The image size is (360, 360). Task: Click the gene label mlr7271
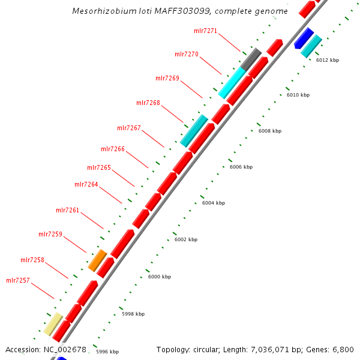(x=205, y=30)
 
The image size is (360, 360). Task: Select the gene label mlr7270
(x=186, y=54)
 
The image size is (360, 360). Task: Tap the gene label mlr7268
(x=148, y=103)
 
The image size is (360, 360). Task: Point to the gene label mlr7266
(x=112, y=149)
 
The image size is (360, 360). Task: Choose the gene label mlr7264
(x=86, y=184)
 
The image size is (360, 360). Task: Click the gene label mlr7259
(x=50, y=234)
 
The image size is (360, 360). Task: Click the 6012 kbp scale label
(x=328, y=60)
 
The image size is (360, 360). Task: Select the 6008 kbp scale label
(x=269, y=131)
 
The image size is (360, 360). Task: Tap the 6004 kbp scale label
(x=213, y=203)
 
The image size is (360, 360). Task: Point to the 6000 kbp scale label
(x=159, y=277)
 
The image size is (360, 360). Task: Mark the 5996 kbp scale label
(x=107, y=352)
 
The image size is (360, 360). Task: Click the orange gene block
(x=97, y=260)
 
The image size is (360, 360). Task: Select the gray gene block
(x=251, y=59)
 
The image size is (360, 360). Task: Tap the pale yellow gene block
(x=53, y=323)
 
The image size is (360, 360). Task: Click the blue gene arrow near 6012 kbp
(x=304, y=38)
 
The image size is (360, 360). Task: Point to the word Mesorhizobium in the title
(x=97, y=11)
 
